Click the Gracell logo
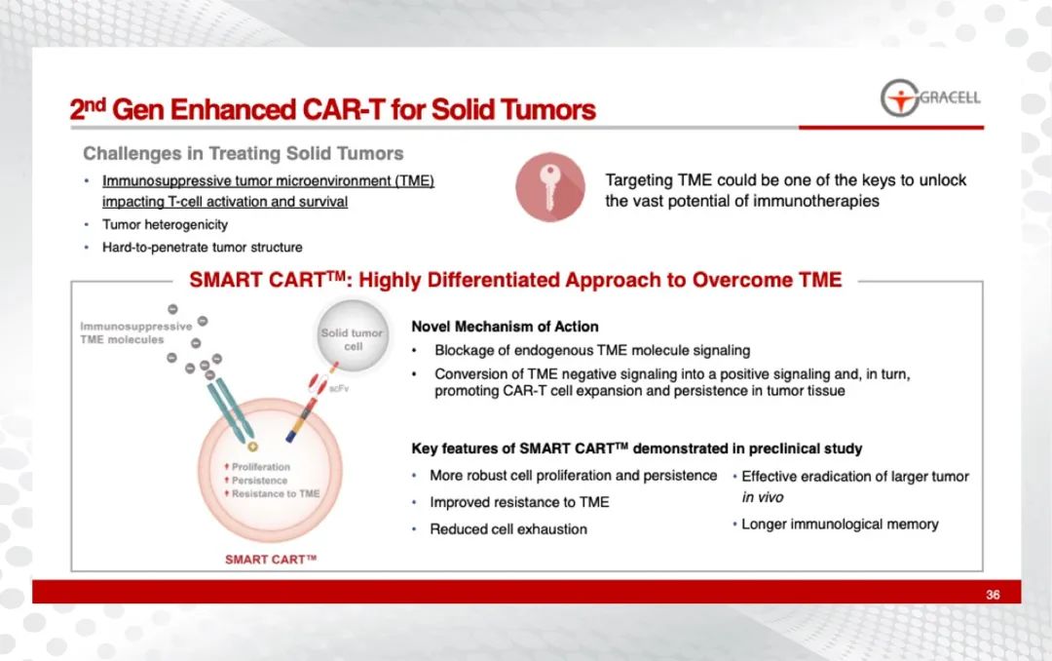pos(930,98)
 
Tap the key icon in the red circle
pos(549,187)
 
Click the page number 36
pos(993,595)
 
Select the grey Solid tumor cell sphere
pos(353,336)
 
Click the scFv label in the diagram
pos(339,388)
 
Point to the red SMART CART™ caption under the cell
pos(271,559)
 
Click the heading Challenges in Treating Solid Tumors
pos(243,153)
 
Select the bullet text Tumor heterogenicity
pos(165,224)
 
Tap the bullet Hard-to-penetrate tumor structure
pos(202,248)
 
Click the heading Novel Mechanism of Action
pos(505,327)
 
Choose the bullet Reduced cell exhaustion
pos(508,529)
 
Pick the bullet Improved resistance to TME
pos(519,502)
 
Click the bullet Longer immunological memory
pos(840,524)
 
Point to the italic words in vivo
pos(762,497)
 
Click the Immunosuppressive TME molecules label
pos(135,332)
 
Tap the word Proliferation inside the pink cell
pos(261,467)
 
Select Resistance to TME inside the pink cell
pos(276,493)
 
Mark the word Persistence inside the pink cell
pos(260,481)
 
